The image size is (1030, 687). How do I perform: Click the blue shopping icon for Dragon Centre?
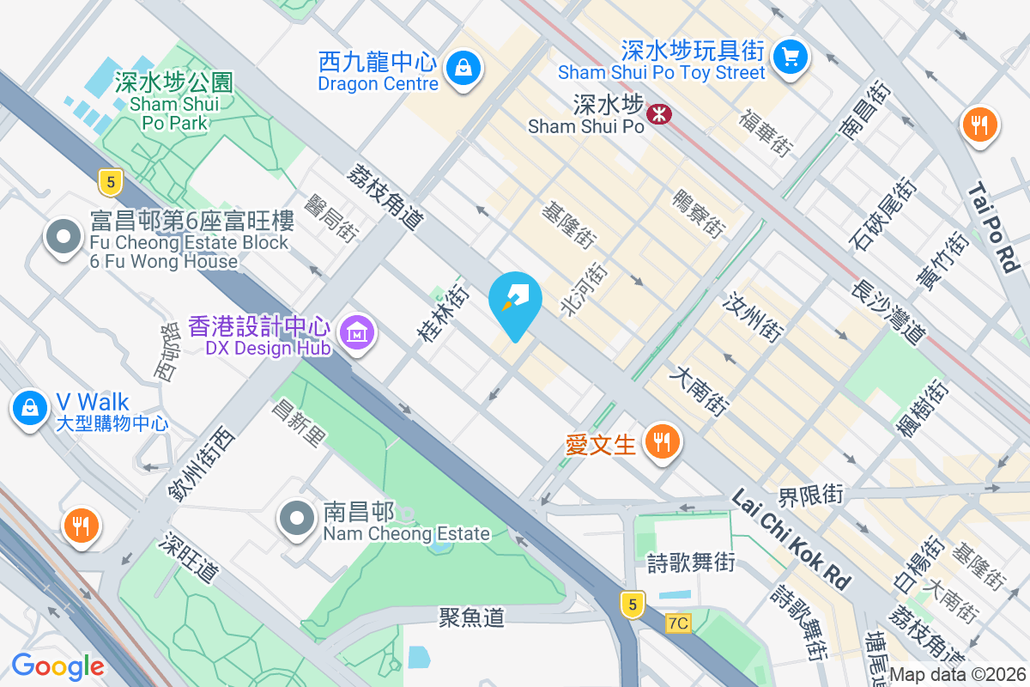[x=463, y=65]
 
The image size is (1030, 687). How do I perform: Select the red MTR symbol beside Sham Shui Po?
[x=659, y=113]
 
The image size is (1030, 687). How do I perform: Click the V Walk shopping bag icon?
[x=30, y=407]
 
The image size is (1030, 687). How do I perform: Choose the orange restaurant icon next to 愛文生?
[x=661, y=442]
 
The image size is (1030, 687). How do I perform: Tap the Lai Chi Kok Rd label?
[x=791, y=539]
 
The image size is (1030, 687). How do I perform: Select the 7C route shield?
[x=678, y=623]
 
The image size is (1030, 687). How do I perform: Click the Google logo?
[x=58, y=666]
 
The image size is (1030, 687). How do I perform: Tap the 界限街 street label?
[x=810, y=495]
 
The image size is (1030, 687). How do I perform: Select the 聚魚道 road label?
[x=471, y=617]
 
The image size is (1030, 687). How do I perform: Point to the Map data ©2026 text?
[x=957, y=675]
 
